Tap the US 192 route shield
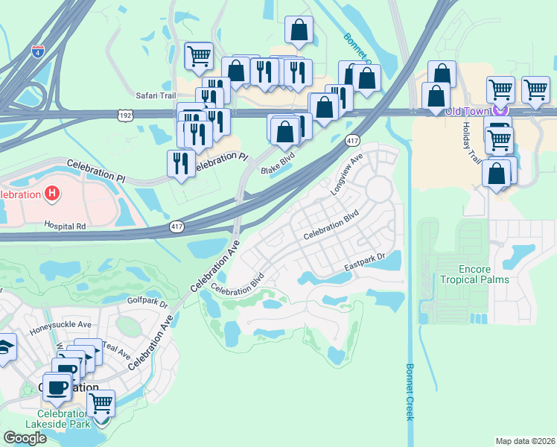pyautogui.click(x=124, y=115)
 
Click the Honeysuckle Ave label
pyautogui.click(x=60, y=325)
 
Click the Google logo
pyautogui.click(x=25, y=437)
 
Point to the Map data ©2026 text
pyautogui.click(x=525, y=441)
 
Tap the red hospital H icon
pyautogui.click(x=51, y=194)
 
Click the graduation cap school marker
pyautogui.click(x=4, y=347)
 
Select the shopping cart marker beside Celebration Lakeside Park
pyautogui.click(x=101, y=404)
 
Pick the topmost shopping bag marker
pyautogui.click(x=299, y=31)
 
